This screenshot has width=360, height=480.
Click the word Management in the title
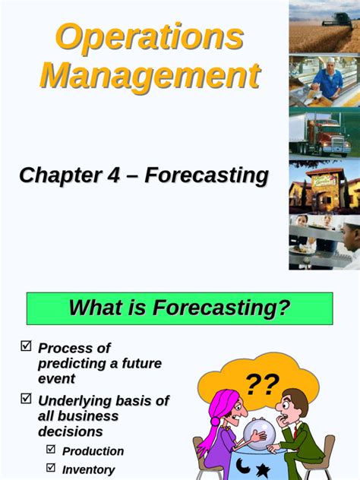click(x=150, y=76)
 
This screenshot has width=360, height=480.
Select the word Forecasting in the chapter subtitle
click(x=207, y=175)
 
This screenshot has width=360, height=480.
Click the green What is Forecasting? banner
click(x=180, y=308)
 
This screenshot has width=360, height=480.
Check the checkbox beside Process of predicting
click(x=26, y=346)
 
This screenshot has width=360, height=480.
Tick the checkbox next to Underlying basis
click(x=26, y=398)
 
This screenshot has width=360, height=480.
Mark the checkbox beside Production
click(x=51, y=450)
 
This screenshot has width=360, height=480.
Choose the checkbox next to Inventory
click(x=51, y=468)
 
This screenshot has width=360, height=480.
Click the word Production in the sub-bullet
click(x=93, y=451)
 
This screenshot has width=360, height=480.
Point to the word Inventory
click(x=88, y=469)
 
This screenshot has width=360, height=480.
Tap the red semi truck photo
click(x=325, y=137)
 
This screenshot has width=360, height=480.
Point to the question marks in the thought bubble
click(x=262, y=384)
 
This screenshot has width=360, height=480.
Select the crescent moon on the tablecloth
click(x=242, y=463)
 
